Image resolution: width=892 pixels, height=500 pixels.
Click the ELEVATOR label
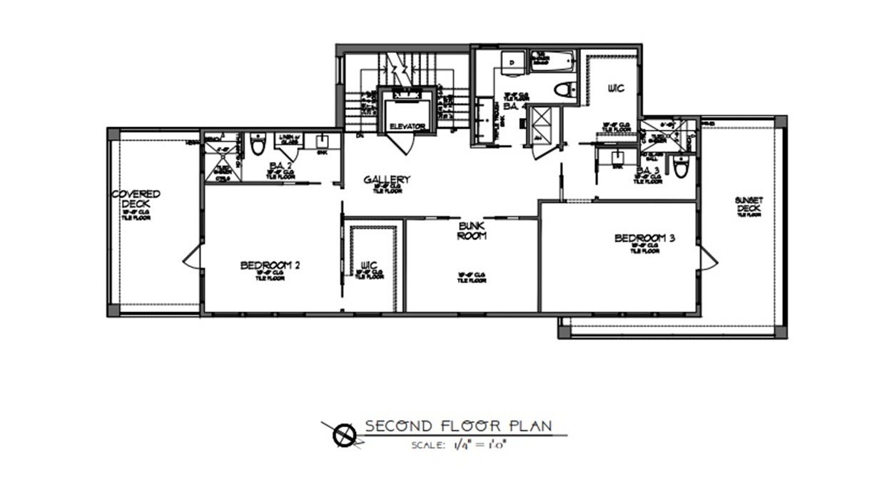point(407,126)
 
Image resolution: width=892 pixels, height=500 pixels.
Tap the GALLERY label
point(386,179)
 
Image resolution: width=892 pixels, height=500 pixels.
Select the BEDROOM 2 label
point(270,266)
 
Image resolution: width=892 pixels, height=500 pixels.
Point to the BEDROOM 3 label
point(644,239)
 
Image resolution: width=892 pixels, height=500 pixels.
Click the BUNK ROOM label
point(472,230)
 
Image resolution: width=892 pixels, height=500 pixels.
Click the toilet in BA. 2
point(258,146)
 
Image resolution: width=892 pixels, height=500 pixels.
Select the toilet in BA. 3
point(680,167)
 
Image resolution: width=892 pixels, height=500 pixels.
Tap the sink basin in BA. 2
point(322,140)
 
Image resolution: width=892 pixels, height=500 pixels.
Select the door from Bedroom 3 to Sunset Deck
point(708,255)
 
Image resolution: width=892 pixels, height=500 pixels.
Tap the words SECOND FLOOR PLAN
point(459,426)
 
